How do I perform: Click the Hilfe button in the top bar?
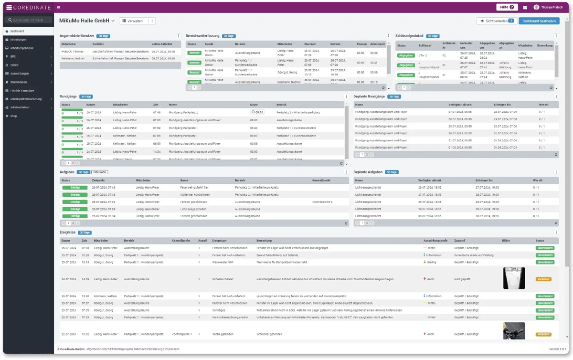tap(507, 7)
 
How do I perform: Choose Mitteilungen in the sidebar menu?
tap(19, 39)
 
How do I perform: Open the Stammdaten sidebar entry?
tap(19, 82)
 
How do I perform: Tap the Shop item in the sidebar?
tap(14, 116)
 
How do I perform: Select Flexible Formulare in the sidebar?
tap(22, 91)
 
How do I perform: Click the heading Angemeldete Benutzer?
tap(77, 36)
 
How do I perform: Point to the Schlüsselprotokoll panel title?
tap(410, 36)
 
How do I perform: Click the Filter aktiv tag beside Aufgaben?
tap(100, 172)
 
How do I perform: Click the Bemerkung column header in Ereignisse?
tap(264, 241)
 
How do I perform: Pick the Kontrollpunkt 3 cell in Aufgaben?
tap(322, 202)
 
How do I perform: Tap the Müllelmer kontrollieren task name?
tap(195, 195)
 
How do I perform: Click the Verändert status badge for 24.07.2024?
tap(543, 279)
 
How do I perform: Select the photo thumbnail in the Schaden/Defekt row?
tap(514, 278)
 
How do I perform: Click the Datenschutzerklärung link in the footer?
tap(148, 349)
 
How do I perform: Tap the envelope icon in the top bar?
tap(525, 8)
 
